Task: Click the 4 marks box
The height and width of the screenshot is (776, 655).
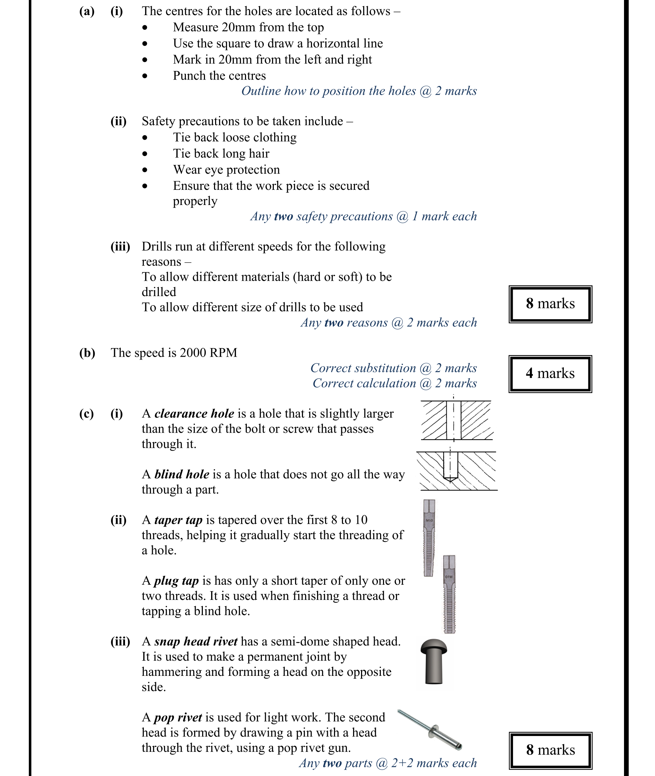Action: click(550, 374)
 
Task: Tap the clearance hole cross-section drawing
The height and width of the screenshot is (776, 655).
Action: click(456, 420)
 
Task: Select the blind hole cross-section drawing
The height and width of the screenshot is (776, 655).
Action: click(457, 470)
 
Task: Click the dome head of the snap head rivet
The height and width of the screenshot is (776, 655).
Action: click(433, 646)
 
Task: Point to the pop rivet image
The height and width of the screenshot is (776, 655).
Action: click(430, 730)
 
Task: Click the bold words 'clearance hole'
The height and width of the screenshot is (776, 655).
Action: click(194, 413)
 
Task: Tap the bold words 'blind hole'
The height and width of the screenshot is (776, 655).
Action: click(182, 474)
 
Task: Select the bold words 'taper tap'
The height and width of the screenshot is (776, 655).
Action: click(178, 519)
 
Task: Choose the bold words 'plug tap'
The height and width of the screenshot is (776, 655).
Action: click(177, 580)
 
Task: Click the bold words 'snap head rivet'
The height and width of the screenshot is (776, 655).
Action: click(196, 641)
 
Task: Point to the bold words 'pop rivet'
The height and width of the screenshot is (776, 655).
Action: click(178, 717)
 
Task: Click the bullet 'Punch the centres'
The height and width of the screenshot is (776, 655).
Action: click(219, 75)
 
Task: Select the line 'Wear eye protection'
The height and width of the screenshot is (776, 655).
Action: click(226, 169)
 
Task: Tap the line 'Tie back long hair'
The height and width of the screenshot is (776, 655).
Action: click(221, 153)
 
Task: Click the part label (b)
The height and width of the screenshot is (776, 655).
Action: click(87, 352)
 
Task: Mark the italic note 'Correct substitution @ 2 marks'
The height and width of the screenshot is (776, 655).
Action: click(393, 368)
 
